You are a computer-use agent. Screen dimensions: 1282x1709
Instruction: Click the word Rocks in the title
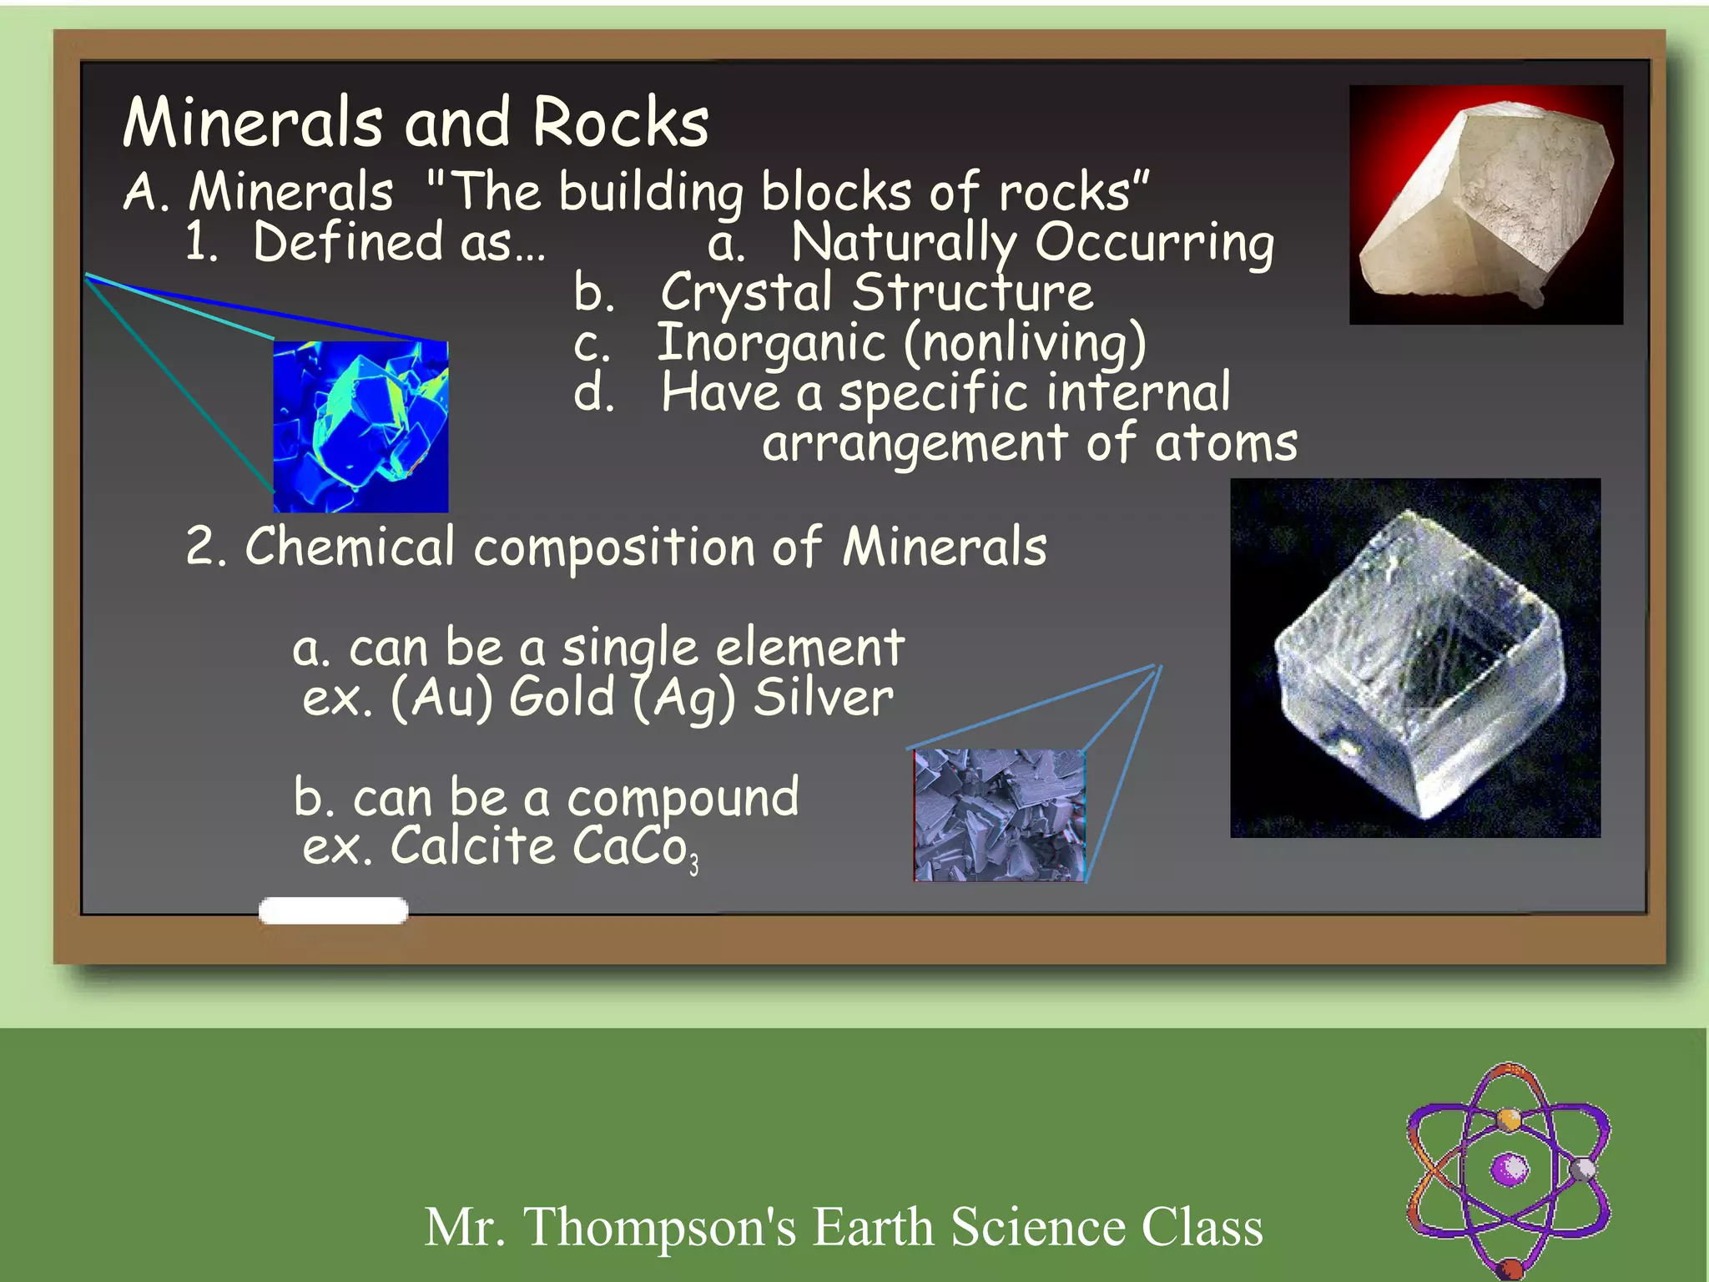620,123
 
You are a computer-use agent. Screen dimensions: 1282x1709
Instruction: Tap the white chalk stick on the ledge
333,911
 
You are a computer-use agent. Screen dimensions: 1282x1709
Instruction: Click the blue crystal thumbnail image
360,426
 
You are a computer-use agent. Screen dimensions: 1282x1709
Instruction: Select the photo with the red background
1485,204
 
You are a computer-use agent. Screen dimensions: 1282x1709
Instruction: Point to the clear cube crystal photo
1415,658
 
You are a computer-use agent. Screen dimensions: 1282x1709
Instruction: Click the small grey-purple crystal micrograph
999,815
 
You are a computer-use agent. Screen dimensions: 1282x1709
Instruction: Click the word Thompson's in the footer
659,1227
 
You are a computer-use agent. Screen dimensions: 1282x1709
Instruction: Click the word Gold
562,697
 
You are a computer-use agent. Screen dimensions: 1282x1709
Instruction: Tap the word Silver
823,697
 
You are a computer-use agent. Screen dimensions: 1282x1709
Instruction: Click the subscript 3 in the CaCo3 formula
693,866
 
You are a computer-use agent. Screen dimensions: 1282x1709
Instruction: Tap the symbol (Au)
441,698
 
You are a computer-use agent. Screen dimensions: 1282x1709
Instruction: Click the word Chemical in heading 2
350,548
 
